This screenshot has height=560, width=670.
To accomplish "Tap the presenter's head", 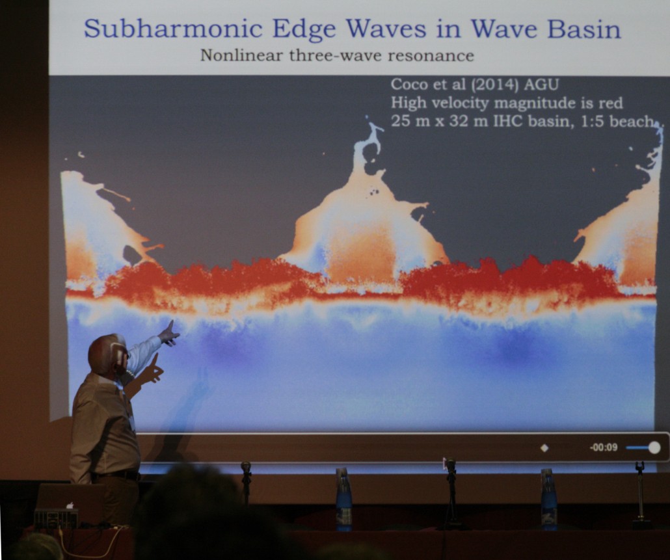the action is (x=107, y=354).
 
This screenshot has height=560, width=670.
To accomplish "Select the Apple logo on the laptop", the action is (x=70, y=506).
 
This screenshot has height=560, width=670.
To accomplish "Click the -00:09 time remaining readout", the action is (x=604, y=447).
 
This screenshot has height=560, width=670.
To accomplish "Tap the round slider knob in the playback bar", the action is (x=654, y=447).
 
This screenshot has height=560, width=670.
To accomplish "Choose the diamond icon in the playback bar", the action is (x=544, y=448).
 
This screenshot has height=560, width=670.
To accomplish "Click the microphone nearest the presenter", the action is (x=246, y=481).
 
